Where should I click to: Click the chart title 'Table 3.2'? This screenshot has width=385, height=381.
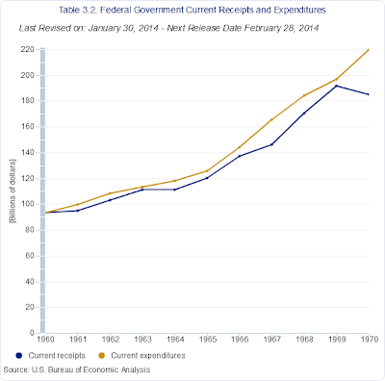[78, 10]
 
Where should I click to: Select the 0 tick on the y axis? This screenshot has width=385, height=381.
[32, 333]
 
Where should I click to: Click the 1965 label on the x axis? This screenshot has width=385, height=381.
[208, 340]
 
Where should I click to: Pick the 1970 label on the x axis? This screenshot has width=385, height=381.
[370, 340]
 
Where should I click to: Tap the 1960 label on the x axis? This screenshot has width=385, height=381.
[45, 340]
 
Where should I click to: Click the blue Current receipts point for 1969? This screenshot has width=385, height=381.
[336, 86]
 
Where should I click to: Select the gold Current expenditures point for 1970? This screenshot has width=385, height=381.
[369, 50]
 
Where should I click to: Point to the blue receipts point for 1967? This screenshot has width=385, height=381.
[271, 144]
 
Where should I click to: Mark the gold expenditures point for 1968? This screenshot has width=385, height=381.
[304, 95]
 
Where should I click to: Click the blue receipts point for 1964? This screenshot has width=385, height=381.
[174, 190]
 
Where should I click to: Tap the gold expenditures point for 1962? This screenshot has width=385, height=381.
[110, 193]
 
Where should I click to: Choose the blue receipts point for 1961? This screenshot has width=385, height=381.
[78, 211]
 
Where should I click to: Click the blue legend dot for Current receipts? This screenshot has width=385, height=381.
[19, 356]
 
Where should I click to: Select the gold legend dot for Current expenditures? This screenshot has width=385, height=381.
[102, 356]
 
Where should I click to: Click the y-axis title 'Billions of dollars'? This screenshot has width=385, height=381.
[13, 190]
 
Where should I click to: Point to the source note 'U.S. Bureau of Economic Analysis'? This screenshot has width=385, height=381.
[90, 369]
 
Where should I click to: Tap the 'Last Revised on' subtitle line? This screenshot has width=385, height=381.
[168, 28]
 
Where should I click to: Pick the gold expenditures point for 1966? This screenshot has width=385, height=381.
[240, 147]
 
